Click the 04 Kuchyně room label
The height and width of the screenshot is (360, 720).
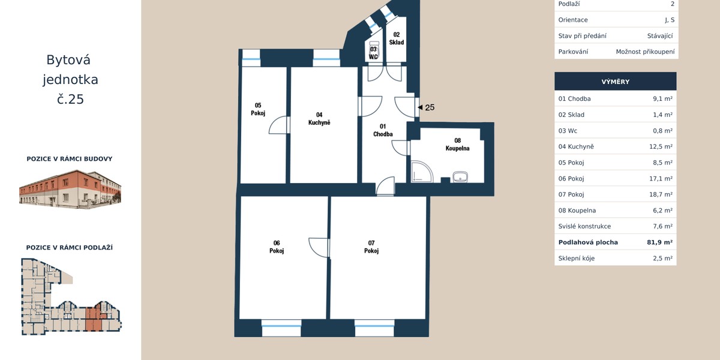[x=319, y=119]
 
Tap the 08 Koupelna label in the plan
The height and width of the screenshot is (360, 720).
[x=457, y=145]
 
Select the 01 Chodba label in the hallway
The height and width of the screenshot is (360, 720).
[x=383, y=130]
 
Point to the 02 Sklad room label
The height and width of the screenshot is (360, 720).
[x=397, y=38]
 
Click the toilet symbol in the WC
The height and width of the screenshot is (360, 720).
[x=374, y=49]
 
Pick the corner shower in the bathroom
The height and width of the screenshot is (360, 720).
[x=422, y=172]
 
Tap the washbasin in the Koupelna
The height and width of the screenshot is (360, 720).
[x=460, y=177]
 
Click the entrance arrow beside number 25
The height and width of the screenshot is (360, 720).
[x=420, y=107]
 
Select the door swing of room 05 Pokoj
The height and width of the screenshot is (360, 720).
[x=278, y=125]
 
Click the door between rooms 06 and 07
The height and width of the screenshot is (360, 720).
[x=318, y=247]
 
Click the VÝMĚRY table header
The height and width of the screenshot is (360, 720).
[x=615, y=82]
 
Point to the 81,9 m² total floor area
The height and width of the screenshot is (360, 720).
[x=659, y=242]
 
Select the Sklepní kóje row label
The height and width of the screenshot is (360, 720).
[x=577, y=258]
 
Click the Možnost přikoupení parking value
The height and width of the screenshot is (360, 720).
[x=645, y=52]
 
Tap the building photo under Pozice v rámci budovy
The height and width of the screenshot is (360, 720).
[x=70, y=189]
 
